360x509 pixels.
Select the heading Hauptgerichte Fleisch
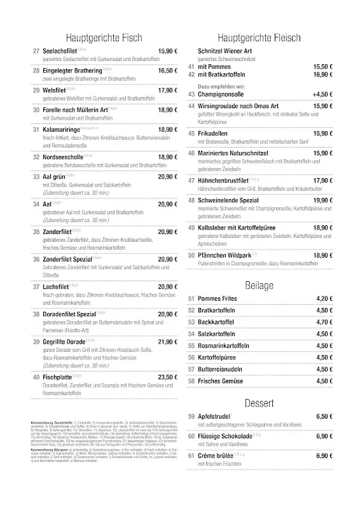tap(258, 38)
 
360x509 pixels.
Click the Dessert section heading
tap(258, 403)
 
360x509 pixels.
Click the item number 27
tap(36, 50)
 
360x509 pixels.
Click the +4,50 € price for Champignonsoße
tap(321, 94)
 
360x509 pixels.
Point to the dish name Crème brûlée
tap(218, 456)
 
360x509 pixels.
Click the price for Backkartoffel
tap(322, 322)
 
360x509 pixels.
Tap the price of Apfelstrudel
tap(322, 416)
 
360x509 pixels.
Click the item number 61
tap(191, 456)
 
